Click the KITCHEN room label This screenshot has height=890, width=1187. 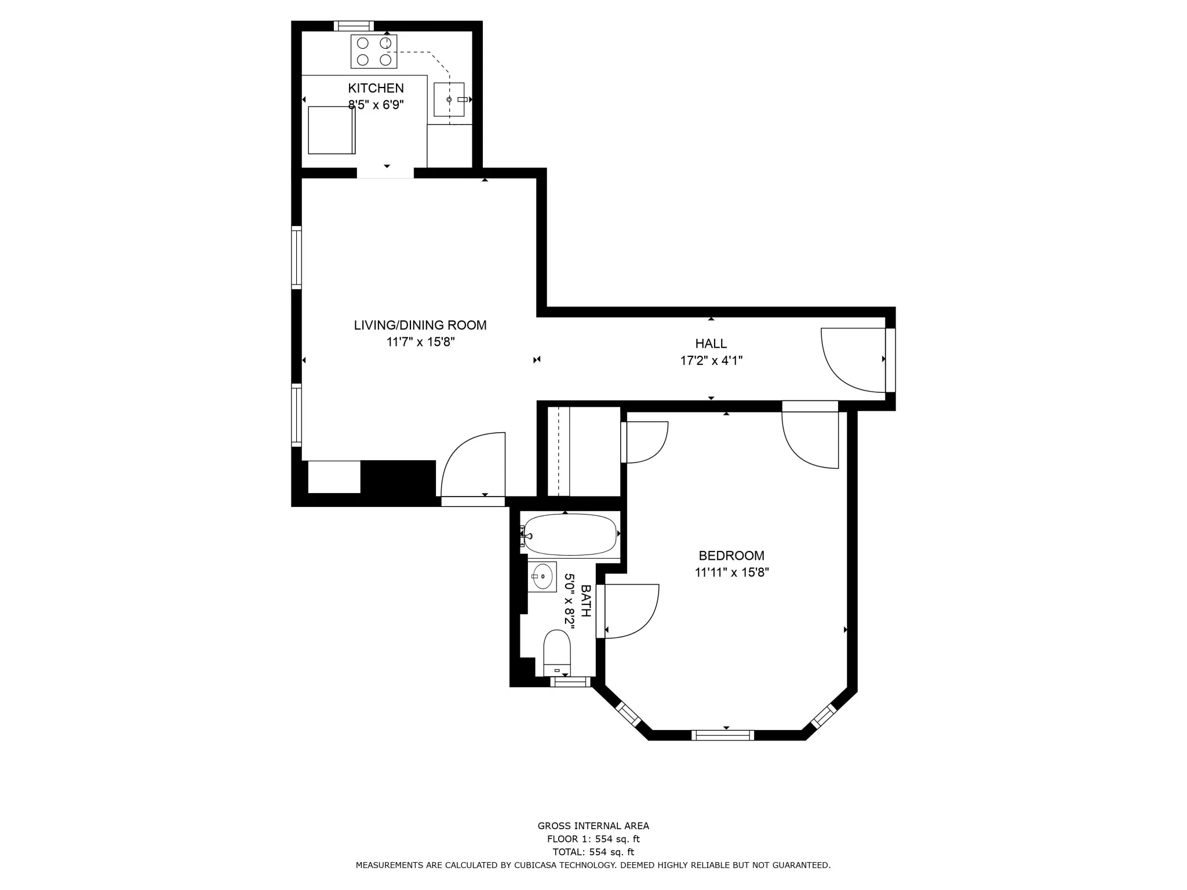376,88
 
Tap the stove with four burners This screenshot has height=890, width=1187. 374,52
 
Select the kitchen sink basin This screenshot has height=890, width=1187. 449,100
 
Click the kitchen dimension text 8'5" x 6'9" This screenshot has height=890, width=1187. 376,105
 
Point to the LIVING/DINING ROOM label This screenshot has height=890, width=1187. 420,325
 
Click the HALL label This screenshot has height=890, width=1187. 711,344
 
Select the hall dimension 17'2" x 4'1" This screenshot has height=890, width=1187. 711,360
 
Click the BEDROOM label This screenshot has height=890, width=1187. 731,556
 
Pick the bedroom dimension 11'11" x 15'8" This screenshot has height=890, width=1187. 731,572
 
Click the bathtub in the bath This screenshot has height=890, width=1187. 570,534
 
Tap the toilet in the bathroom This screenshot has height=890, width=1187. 557,651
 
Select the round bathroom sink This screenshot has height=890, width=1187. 542,576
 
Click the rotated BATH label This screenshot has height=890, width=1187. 586,601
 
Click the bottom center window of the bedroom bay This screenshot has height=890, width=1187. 723,735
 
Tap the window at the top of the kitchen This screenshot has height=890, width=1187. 354,25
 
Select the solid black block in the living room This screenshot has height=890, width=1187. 398,477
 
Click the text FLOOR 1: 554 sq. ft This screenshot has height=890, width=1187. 593,839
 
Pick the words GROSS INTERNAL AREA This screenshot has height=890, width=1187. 593,826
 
